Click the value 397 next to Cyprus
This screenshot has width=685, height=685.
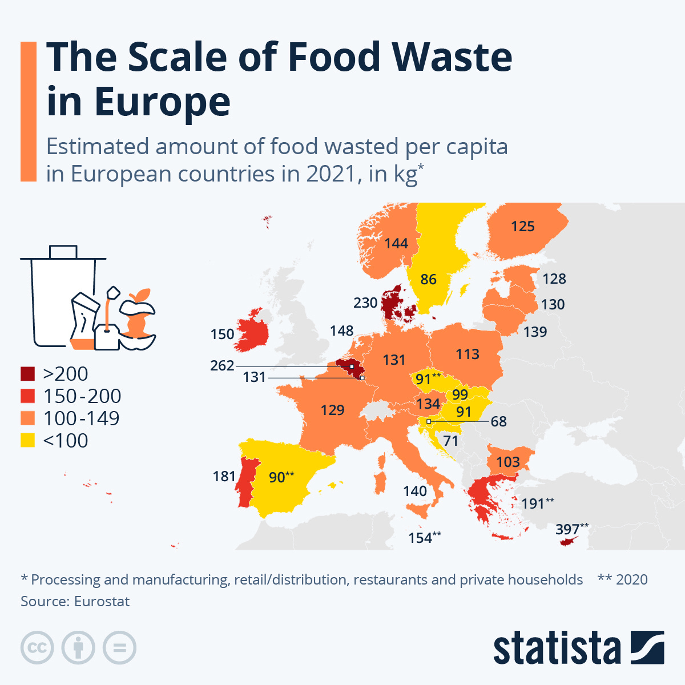click(567, 529)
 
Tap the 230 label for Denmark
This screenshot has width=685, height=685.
click(365, 303)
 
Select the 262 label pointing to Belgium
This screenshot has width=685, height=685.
click(222, 365)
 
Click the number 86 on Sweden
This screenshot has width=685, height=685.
click(428, 279)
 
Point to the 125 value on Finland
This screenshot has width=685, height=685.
click(522, 227)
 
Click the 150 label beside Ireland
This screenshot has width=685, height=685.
click(222, 334)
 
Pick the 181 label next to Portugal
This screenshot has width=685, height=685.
click(224, 476)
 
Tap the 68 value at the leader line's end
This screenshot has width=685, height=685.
click(498, 421)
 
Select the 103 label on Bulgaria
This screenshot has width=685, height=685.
click(508, 462)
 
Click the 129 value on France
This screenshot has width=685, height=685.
click(332, 410)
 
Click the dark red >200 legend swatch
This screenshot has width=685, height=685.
click(28, 374)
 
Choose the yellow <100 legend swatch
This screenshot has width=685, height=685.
click(28, 441)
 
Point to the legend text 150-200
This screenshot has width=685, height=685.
click(82, 396)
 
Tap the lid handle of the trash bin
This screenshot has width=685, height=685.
click(63, 251)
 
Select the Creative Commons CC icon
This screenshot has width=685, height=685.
click(37, 648)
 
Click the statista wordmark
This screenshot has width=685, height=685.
click(557, 648)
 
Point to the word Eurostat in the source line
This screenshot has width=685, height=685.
click(102, 602)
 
